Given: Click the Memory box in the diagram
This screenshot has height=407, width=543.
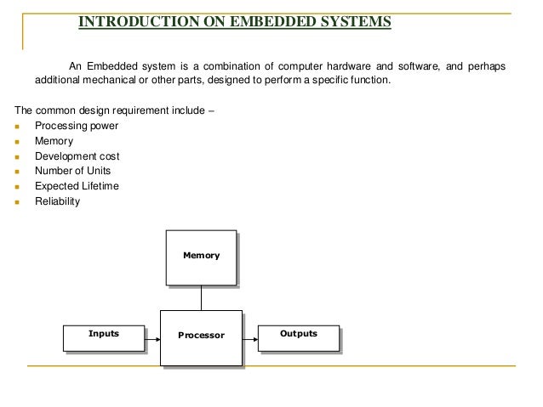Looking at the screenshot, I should pyautogui.click(x=201, y=257).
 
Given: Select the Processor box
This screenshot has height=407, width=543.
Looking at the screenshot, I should pyautogui.click(x=201, y=336).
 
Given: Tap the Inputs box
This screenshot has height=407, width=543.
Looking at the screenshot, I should pyautogui.click(x=104, y=337).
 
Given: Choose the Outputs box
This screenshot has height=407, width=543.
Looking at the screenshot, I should pyautogui.click(x=298, y=337).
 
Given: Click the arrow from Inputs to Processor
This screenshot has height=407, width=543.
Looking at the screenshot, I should pyautogui.click(x=151, y=337).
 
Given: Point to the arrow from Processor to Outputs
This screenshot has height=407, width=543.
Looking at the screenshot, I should pyautogui.click(x=249, y=337).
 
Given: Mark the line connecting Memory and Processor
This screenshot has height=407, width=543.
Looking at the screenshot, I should pyautogui.click(x=201, y=297).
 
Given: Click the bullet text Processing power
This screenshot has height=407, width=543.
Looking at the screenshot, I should pyautogui.click(x=77, y=126).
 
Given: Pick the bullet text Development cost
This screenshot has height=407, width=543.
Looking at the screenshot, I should pyautogui.click(x=77, y=156).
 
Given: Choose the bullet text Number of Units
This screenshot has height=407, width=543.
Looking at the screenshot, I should pyautogui.click(x=73, y=171).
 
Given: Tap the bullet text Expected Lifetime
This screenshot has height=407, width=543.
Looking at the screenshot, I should pyautogui.click(x=77, y=186).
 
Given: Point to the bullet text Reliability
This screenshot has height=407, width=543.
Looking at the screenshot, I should pyautogui.click(x=57, y=201).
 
